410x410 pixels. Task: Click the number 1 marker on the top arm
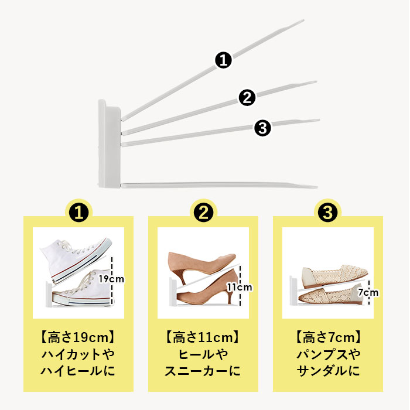pyautogui.click(x=223, y=60)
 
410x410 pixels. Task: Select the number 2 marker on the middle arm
pyautogui.click(x=247, y=98)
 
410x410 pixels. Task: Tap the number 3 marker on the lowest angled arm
pyautogui.click(x=262, y=128)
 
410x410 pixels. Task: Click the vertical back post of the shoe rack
pyautogui.click(x=110, y=143)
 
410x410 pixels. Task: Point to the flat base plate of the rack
pyautogui.click(x=219, y=186)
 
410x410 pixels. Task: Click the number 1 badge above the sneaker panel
pyautogui.click(x=78, y=213)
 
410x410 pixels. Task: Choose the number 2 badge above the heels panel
pyautogui.click(x=203, y=213)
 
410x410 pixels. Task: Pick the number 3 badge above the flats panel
pyautogui.click(x=328, y=213)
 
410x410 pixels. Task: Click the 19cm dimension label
pyautogui.click(x=111, y=279)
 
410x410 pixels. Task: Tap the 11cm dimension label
pyautogui.click(x=239, y=288)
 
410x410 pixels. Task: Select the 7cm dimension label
pyautogui.click(x=368, y=292)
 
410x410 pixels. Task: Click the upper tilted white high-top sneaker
pyautogui.click(x=76, y=259)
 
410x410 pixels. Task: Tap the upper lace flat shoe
pyautogui.click(x=334, y=276)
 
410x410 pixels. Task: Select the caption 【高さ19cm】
pyautogui.click(x=78, y=337)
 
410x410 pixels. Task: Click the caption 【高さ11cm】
pyautogui.click(x=203, y=337)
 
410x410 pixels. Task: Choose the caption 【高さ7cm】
pyautogui.click(x=328, y=337)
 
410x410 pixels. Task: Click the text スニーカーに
pyautogui.click(x=203, y=371)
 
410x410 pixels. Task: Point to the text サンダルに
pyautogui.click(x=328, y=371)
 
